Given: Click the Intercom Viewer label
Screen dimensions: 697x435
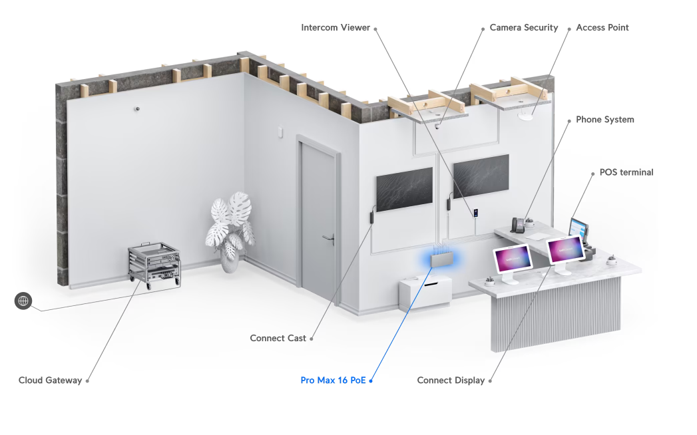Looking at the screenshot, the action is pos(335,27).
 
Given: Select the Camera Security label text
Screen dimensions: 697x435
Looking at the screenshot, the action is pos(524,27).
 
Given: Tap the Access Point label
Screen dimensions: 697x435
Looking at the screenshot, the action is pos(602,27).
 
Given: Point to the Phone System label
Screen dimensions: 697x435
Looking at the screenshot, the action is pos(605,120).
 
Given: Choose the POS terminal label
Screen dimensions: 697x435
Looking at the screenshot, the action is pos(626,172).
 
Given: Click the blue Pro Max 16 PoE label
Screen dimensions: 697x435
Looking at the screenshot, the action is pos(333,380).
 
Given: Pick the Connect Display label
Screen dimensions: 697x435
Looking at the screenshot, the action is pos(451,380).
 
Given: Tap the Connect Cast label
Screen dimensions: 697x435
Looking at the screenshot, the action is pos(278,338).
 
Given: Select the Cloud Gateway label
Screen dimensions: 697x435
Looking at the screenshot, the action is pos(50,380).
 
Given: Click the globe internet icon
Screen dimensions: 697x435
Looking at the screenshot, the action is pos(23,301).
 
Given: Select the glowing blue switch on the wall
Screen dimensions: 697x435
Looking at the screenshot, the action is pos(441,259).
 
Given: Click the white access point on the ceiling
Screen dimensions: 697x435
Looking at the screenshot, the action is pos(525,116).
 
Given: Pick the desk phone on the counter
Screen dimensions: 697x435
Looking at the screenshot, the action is pos(517,225).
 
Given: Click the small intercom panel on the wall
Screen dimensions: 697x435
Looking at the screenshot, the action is pos(475,213).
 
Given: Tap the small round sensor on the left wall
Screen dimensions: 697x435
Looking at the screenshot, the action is pos(137,108).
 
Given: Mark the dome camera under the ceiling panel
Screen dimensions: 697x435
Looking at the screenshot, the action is pos(437,126).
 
